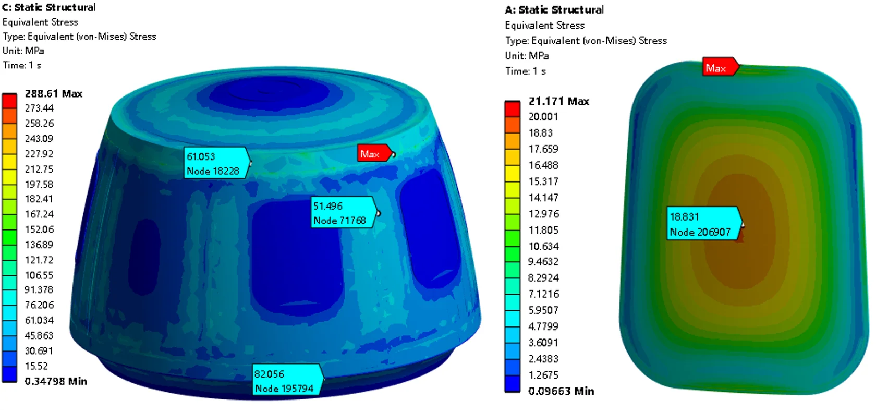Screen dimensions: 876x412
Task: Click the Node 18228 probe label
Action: tap(217, 163)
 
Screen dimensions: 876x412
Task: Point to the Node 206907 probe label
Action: tap(704, 224)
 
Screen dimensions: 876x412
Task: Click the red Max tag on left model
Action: tap(374, 153)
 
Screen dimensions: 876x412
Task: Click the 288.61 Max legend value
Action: tap(54, 94)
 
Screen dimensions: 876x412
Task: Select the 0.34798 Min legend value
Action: tap(55, 381)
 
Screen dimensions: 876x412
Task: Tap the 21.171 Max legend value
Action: tap(559, 101)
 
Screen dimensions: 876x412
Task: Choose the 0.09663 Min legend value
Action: tap(561, 391)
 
